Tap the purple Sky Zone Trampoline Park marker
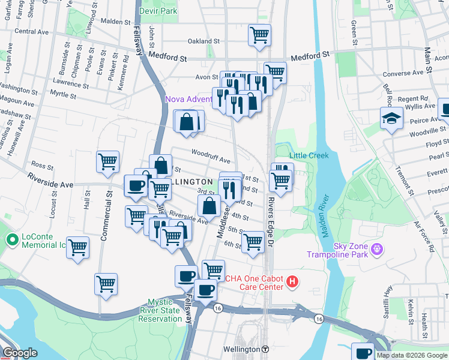(376, 248)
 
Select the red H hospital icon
(292, 281)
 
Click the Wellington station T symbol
(265, 349)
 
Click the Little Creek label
(309, 155)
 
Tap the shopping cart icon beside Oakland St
(259, 35)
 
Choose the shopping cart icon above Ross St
(107, 161)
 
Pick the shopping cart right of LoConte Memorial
(77, 247)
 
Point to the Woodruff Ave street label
(211, 160)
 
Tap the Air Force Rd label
(423, 235)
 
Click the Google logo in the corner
(20, 353)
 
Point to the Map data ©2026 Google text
(411, 355)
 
